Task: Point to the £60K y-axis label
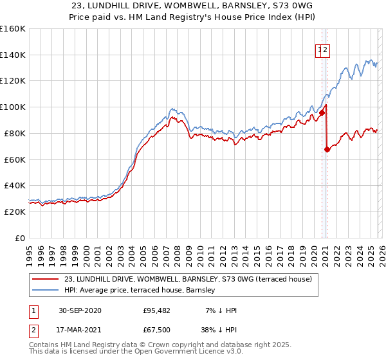tap(14, 159)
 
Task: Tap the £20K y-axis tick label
tap(14, 212)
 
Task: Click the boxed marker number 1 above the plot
tap(318, 50)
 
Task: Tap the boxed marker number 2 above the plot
tap(326, 50)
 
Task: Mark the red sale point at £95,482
tap(322, 113)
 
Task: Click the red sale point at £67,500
tap(327, 149)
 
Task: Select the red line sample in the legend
tap(46, 279)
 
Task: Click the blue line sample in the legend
tap(46, 290)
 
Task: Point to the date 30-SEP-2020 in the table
tap(79, 310)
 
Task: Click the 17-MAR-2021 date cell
tap(79, 331)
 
